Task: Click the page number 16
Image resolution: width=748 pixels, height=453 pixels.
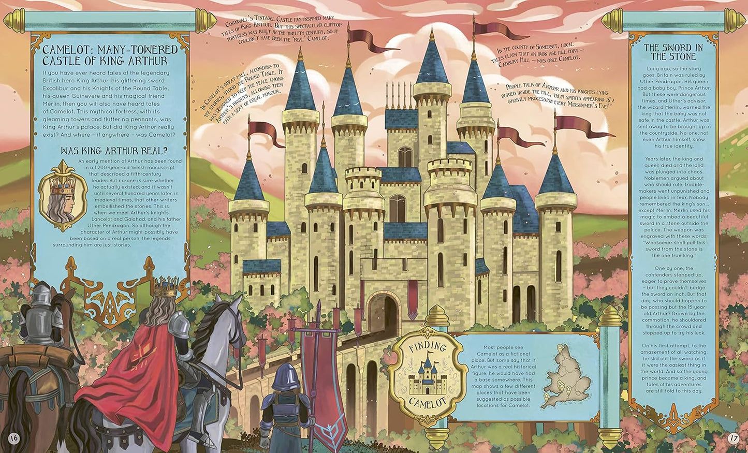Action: pos(13,437)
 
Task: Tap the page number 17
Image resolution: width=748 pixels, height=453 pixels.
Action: pos(733,437)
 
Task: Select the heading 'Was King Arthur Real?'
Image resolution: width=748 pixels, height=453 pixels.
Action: pos(113,151)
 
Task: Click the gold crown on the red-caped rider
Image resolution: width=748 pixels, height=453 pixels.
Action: pos(166,287)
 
